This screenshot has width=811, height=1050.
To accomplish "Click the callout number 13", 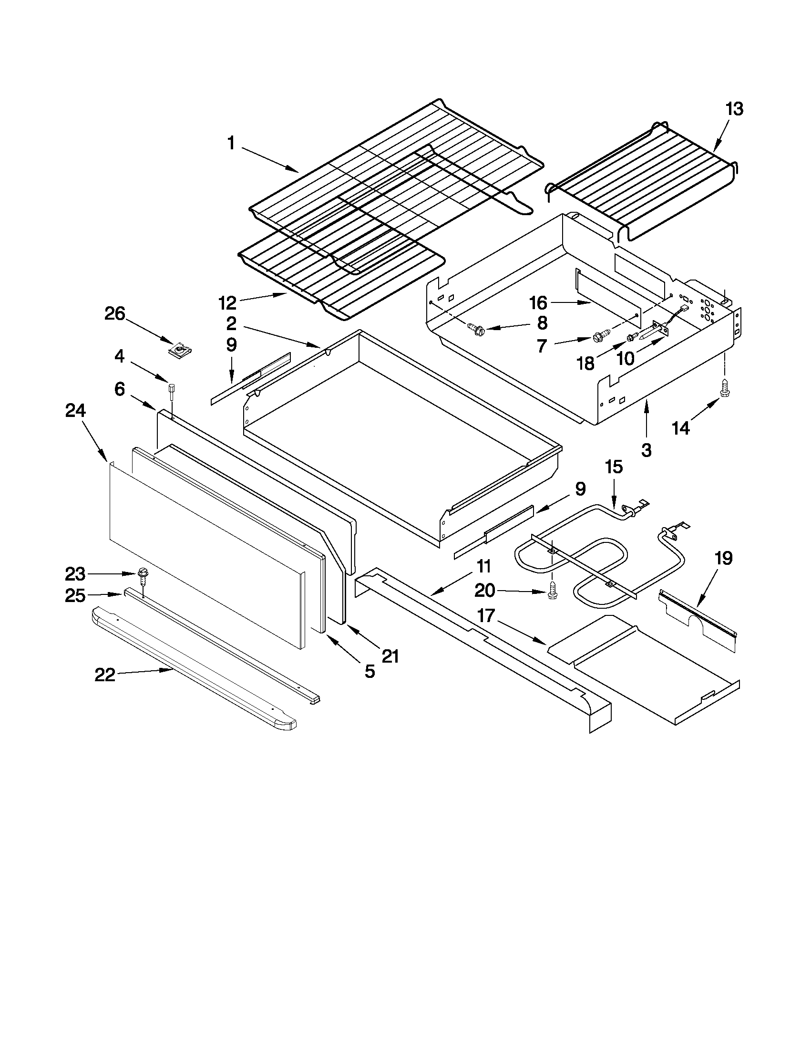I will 734,109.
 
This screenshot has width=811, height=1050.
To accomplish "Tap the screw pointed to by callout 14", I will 724,392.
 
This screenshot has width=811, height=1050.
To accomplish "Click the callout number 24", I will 75,411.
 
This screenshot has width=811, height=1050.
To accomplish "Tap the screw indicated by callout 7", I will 601,337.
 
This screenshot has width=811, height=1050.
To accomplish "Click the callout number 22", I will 105,675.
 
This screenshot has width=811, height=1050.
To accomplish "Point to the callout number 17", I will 486,615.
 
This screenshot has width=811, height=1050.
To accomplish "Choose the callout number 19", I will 724,559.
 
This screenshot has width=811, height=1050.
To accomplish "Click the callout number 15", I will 614,467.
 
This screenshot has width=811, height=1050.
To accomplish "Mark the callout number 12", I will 227,303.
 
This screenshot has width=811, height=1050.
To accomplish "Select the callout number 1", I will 231,143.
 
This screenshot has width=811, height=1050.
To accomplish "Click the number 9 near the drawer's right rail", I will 580,489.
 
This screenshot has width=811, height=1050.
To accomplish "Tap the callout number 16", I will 538,303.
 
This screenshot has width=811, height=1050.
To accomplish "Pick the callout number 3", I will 646,450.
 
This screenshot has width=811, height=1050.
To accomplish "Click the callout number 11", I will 484,566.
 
